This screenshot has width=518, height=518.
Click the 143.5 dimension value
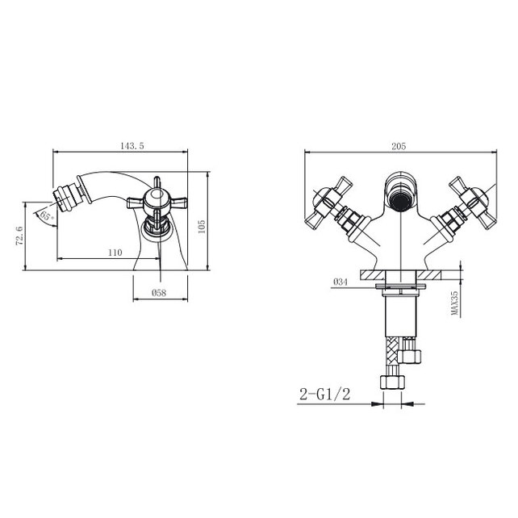pos(132,146)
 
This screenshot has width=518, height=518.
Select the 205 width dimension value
pos(399,146)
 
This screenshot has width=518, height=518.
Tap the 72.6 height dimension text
pos(19,236)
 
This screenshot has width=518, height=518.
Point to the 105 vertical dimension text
pos(201,227)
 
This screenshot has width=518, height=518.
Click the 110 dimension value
pos(115,253)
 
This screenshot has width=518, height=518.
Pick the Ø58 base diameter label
pos(159,293)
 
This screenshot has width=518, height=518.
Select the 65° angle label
pos(46,216)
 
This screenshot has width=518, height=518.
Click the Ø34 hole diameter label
pos(340,282)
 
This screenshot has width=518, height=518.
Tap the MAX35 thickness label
pos(455,303)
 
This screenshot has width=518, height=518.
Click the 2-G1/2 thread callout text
pos(324,394)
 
